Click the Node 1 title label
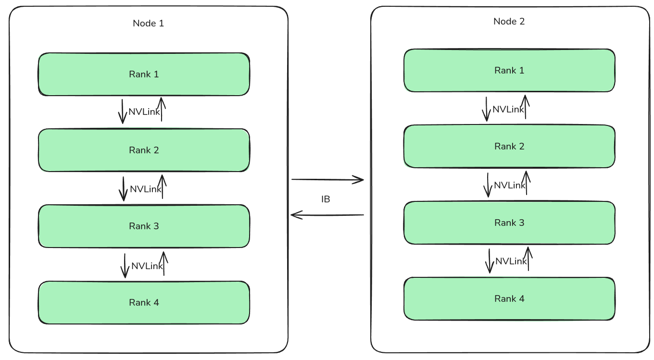[148, 23]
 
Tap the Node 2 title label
[509, 22]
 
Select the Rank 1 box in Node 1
[144, 74]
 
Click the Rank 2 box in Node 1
[144, 150]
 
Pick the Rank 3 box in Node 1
[144, 226]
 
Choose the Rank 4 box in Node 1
[144, 302]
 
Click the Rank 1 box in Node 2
[509, 70]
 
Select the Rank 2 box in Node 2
[509, 146]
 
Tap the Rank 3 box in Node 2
[509, 223]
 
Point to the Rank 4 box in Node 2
[509, 298]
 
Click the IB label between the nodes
[326, 199]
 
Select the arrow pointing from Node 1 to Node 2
[327, 180]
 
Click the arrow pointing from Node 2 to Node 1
[327, 215]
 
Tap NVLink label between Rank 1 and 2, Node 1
[144, 112]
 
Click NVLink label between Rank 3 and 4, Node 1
[147, 266]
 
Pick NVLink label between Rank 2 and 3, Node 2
[510, 185]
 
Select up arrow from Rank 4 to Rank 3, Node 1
[164, 263]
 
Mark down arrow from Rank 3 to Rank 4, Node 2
[490, 261]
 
